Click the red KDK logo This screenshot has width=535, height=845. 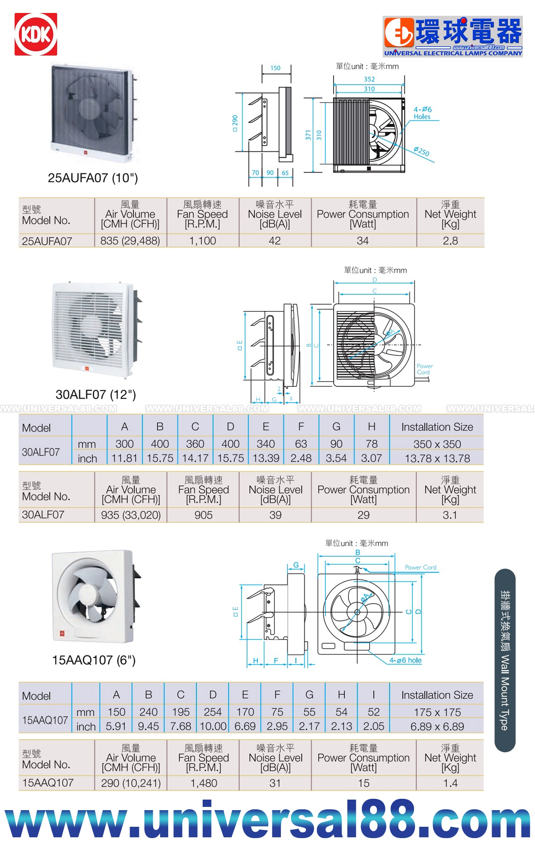36,34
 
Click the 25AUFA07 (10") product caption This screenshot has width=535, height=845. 93,178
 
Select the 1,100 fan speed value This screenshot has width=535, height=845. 203,241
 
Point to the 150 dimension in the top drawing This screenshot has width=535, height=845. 276,68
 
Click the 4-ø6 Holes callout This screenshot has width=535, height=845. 422,113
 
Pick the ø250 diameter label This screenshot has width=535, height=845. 422,151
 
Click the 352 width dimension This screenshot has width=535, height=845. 369,79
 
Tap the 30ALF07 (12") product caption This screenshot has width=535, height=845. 96,395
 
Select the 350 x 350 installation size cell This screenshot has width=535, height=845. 437,444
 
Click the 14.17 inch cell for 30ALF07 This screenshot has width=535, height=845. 195,458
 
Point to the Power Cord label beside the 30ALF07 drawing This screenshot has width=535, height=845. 424,369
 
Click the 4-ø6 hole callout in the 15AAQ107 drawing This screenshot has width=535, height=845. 405,660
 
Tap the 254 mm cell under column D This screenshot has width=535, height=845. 213,712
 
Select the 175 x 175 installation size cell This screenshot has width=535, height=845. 437,712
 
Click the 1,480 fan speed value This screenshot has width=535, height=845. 203,783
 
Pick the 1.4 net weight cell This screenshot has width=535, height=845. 450,783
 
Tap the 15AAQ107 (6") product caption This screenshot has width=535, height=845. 94,660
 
